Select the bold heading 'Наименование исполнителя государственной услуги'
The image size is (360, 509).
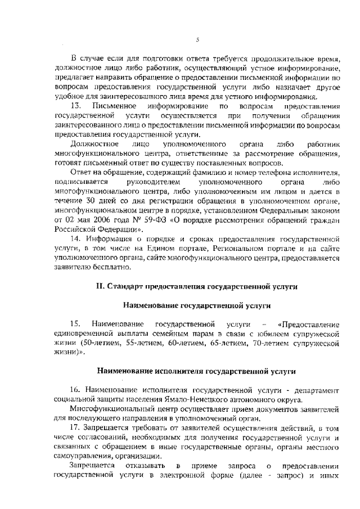[x=196, y=371]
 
